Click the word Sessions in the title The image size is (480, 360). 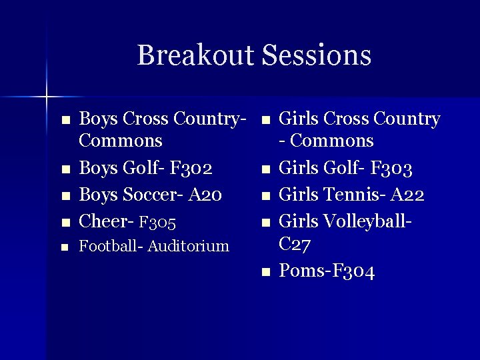[317, 55]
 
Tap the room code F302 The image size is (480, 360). [191, 169]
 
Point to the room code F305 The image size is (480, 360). [157, 221]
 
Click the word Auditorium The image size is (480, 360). [188, 246]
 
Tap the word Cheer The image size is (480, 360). [103, 221]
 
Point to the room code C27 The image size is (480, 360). [294, 245]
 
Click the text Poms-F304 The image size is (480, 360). [327, 271]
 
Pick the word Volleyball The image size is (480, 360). [370, 221]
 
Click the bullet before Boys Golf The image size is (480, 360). [65, 171]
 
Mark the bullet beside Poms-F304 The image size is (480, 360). [265, 273]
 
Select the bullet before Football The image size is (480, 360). [65, 248]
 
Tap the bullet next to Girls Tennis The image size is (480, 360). [265, 197]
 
